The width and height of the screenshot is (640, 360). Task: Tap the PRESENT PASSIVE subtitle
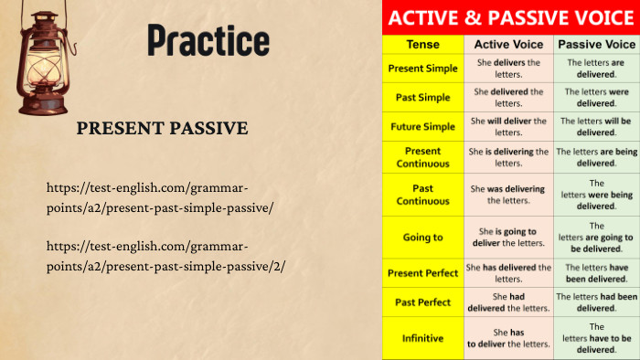(162, 128)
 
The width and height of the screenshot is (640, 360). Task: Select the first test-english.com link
(159, 197)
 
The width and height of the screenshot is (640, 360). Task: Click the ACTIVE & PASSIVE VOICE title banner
(510, 17)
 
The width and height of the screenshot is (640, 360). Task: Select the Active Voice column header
(508, 44)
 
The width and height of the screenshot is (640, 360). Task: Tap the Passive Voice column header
(596, 44)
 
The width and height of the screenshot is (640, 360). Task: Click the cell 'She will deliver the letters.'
(508, 126)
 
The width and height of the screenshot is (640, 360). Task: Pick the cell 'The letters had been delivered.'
(596, 302)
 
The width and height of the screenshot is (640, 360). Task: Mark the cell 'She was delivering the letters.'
(508, 195)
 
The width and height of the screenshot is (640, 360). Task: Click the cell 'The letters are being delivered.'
(596, 157)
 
